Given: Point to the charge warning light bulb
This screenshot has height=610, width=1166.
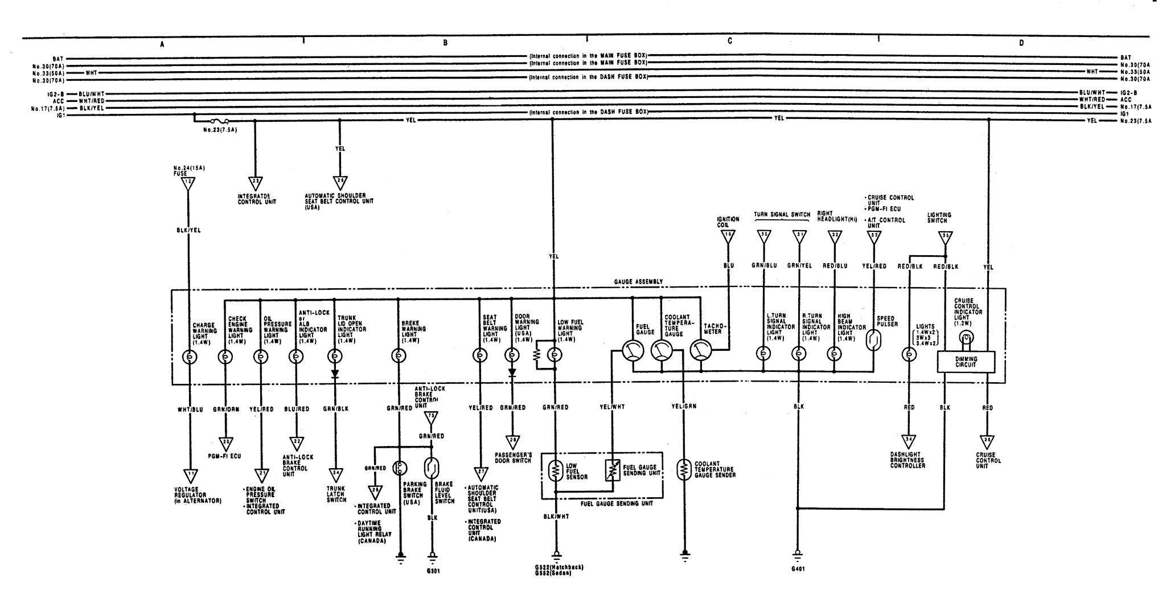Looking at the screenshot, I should coord(188,357).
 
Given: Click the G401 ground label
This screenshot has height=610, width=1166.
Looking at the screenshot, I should coord(797,569).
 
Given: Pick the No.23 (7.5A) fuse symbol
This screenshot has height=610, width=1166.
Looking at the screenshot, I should coord(220,121).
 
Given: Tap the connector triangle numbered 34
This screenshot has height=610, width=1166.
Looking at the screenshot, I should coord(909,440).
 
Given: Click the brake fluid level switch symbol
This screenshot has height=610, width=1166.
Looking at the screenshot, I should coord(432,468).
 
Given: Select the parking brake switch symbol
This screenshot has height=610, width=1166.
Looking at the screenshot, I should coord(401,468).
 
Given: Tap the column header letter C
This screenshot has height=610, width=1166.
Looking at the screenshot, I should coord(729,42).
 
